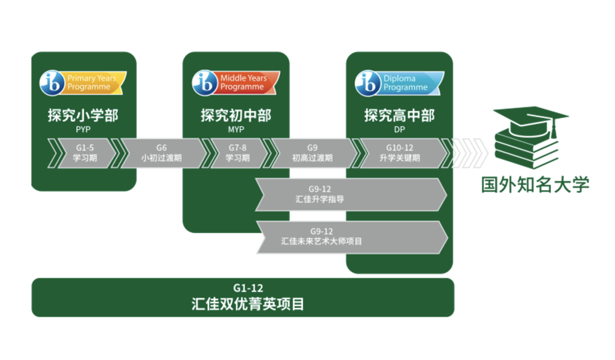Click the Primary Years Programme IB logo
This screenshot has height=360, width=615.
[83, 83]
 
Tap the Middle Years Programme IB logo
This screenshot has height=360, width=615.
[236, 83]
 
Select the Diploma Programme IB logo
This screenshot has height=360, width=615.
[399, 83]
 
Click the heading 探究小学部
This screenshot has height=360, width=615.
[83, 115]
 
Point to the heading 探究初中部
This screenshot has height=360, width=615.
[236, 115]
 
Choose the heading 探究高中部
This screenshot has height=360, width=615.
[399, 115]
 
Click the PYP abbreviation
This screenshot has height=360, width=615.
[83, 129]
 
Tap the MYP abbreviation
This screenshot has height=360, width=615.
[236, 129]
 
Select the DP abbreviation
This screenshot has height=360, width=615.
[399, 129]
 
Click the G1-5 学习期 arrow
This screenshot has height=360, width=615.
[85, 153]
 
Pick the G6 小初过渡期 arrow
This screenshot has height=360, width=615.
[162, 153]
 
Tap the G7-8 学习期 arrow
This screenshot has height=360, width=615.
[237, 153]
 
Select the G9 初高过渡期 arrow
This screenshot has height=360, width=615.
[313, 153]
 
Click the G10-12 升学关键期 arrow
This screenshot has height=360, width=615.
[400, 153]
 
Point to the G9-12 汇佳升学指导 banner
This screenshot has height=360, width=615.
[351, 194]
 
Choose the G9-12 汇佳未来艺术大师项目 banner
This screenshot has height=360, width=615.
[352, 237]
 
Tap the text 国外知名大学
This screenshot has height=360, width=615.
[535, 185]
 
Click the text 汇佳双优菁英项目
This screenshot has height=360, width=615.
[248, 304]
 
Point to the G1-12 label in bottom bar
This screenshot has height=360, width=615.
[248, 288]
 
